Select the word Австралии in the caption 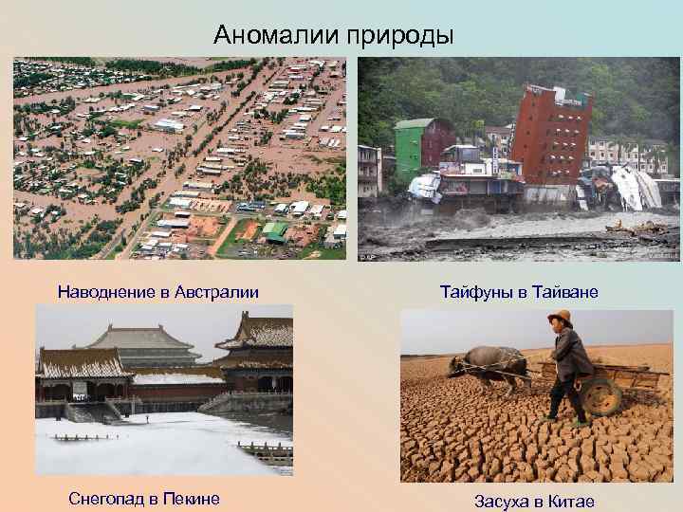[215, 290]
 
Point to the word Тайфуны [476, 290]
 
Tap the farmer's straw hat [561, 319]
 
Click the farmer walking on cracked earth [568, 365]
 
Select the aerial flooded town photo [180, 158]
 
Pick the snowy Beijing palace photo [164, 391]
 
